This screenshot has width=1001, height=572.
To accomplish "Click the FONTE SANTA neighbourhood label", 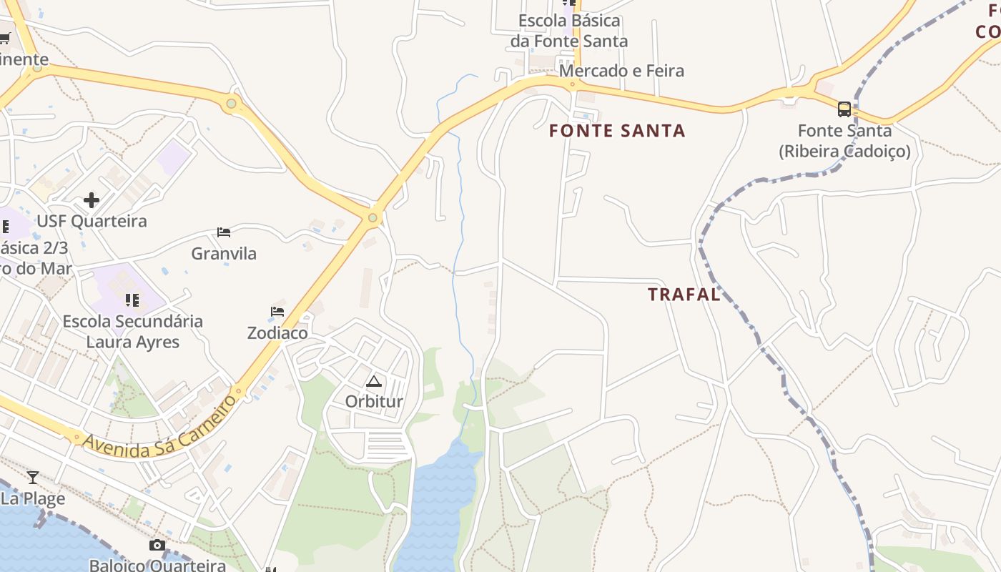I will point(617,131).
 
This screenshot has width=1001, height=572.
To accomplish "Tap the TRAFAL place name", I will point(684,295).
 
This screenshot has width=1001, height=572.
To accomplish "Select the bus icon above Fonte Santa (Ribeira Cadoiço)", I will point(844,109).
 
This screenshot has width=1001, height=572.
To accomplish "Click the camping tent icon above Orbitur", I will point(374,381).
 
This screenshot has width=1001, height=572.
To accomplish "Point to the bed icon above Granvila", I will point(224,232).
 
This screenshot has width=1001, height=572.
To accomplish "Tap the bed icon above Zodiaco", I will point(277,312).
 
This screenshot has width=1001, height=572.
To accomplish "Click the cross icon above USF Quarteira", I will point(92,200).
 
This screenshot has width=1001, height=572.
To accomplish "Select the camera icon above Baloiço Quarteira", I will point(157,546).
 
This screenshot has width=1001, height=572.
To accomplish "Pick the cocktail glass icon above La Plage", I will point(33,477).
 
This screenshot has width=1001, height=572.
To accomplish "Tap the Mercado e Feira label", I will point(621,71).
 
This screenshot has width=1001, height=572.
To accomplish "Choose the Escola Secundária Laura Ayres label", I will point(133,332).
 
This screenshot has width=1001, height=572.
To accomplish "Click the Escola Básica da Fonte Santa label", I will point(569,31).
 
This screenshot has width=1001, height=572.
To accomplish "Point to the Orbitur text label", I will point(374,402).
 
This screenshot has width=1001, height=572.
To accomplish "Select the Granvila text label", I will point(224,254).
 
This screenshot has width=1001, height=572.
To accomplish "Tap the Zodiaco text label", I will point(277,333).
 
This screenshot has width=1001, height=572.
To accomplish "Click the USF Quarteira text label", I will point(92,222).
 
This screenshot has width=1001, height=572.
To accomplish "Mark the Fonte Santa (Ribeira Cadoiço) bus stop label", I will point(844,141).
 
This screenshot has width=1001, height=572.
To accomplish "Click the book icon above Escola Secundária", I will point(132,300).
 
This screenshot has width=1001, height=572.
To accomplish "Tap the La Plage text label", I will point(33,498).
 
